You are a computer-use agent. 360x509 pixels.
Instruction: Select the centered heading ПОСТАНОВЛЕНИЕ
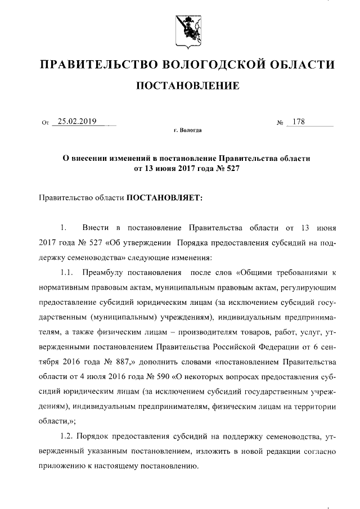(180, 86)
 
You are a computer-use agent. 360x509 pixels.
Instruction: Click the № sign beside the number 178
(280, 122)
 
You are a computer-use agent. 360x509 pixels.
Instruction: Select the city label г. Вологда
(187, 130)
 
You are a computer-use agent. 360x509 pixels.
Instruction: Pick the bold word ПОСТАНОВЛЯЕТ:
(163, 197)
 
